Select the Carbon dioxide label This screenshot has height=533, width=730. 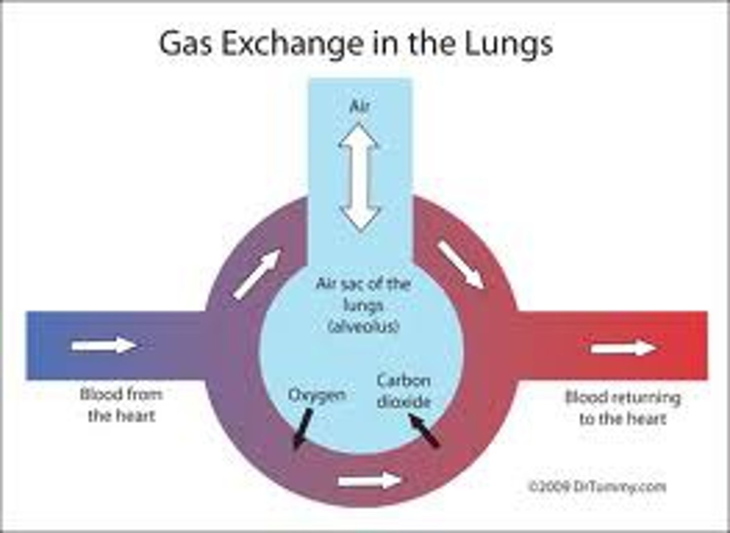coord(404,391)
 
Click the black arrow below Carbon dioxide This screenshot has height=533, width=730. coord(424,430)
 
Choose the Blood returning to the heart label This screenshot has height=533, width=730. coord(623,408)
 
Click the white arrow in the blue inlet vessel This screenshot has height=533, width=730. coord(104,346)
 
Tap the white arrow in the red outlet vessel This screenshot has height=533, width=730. coord(626,348)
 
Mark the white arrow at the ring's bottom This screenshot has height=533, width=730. coord(370,480)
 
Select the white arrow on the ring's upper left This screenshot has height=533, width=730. coord(257,274)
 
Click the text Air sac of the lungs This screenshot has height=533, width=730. coord(363,294)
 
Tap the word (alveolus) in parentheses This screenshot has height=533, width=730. coord(363,327)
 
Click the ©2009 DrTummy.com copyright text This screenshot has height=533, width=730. coord(597,486)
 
